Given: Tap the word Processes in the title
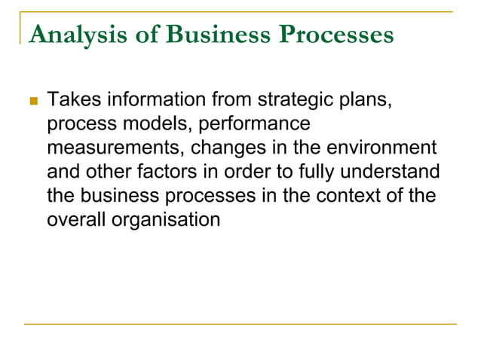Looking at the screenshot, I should click(x=328, y=35).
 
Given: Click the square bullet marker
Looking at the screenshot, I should click(x=32, y=101).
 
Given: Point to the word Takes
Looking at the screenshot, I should click(x=74, y=99).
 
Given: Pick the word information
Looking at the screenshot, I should click(x=156, y=99).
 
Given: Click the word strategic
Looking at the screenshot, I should click(x=299, y=99).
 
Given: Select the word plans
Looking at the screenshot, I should click(x=367, y=99).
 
